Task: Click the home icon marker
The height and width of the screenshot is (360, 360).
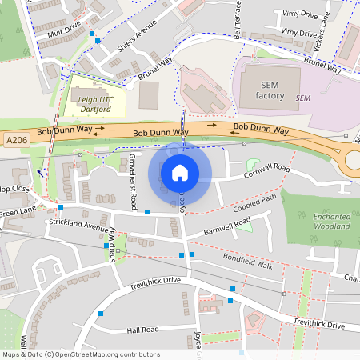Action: (180, 173)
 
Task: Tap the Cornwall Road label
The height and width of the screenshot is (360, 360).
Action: (267, 170)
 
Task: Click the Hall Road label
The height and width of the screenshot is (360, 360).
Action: (144, 330)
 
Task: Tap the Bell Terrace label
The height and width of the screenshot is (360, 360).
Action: (238, 22)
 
